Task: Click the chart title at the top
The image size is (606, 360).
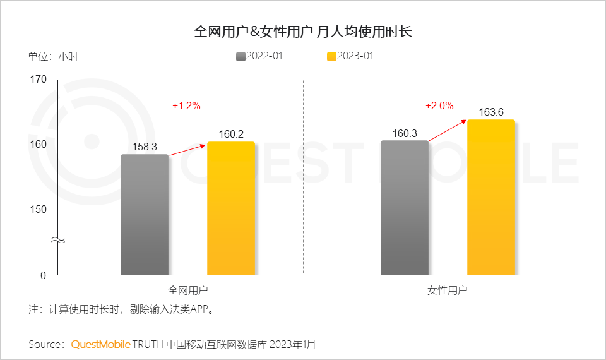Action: [303, 32]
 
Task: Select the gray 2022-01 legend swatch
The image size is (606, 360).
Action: [241, 56]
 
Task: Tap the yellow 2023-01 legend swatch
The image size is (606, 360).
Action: [331, 56]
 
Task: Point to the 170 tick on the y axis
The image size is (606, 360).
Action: [39, 80]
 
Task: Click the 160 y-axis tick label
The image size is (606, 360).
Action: [39, 144]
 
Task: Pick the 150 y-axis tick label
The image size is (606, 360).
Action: [39, 209]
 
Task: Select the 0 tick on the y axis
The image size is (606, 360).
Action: [44, 275]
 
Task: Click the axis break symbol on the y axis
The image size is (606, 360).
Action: [57, 241]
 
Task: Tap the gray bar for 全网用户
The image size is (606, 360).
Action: [145, 215]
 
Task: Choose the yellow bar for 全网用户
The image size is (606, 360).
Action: [231, 208]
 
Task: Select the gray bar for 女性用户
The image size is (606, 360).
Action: [405, 208]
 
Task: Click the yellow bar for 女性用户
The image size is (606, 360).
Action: [491, 197]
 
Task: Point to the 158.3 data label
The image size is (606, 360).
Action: [145, 147]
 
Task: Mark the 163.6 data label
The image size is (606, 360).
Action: [491, 112]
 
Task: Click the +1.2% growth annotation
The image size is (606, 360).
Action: [186, 106]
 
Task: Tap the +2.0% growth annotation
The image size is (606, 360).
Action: [439, 106]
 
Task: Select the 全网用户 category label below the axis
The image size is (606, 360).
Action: [188, 291]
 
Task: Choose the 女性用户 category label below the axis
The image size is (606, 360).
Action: [448, 291]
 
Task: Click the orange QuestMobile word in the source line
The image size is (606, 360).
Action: [101, 344]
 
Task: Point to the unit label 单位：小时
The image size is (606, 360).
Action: [53, 56]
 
